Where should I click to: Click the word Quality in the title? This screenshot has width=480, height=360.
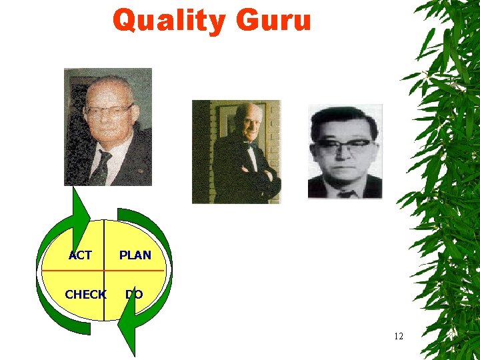click(x=169, y=21)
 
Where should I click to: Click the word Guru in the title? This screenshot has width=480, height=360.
click(x=273, y=21)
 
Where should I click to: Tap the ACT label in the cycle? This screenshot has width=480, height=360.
click(x=80, y=255)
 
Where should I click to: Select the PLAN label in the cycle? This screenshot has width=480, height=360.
click(x=135, y=255)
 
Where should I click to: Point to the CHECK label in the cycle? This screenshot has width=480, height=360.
click(x=85, y=294)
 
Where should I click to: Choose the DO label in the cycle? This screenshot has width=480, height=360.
click(x=134, y=294)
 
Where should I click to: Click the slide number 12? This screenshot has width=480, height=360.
click(x=398, y=336)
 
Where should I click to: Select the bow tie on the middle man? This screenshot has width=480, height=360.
click(x=250, y=145)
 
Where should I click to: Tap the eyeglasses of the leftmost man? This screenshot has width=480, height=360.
click(x=109, y=110)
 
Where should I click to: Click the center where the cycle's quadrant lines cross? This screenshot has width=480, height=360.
click(x=104, y=271)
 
